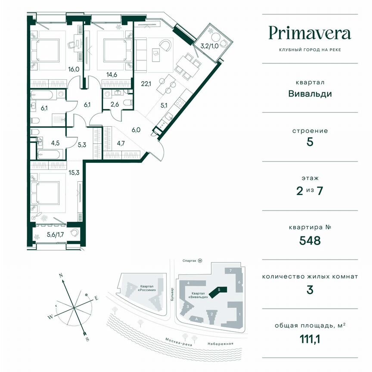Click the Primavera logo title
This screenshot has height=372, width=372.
point(310,33)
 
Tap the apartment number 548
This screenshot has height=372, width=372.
point(310,241)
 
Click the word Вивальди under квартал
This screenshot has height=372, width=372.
point(310,93)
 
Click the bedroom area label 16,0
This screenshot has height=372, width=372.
point(74,69)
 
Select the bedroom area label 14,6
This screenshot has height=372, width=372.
point(112,74)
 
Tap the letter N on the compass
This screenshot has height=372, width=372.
point(61,275)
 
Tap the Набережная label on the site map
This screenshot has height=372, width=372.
point(223,344)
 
